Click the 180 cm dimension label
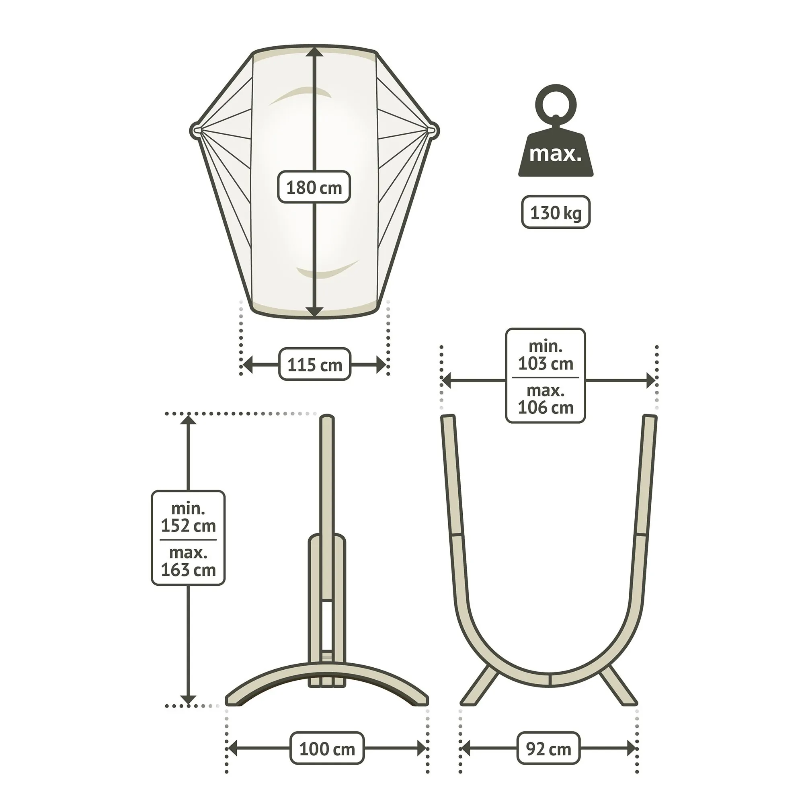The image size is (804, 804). (314, 187)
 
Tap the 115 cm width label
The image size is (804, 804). (315, 365)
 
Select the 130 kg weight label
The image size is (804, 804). (556, 212)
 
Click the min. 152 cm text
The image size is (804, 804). (188, 517)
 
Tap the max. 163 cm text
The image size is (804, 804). (188, 561)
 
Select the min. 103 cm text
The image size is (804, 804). (545, 355)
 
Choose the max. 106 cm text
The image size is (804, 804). (545, 399)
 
